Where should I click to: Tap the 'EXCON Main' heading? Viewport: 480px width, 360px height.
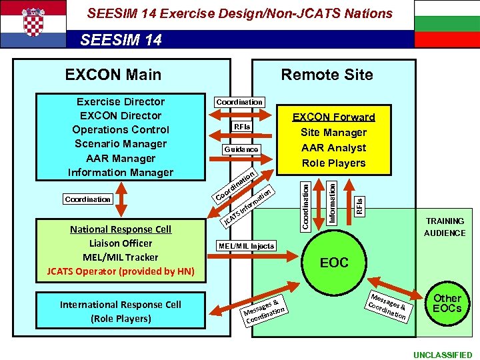[x=113, y=74]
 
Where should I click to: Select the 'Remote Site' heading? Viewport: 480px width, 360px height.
[x=327, y=74]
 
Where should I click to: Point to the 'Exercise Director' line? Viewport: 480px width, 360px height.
[x=121, y=101]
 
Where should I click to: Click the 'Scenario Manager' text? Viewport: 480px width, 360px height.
[x=121, y=143]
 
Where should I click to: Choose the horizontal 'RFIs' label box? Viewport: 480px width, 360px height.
[x=241, y=127]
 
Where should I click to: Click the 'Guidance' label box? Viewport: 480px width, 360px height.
[x=241, y=149]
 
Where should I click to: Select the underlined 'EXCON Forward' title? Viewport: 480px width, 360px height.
[x=334, y=117]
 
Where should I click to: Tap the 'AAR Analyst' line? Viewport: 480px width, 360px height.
[x=334, y=147]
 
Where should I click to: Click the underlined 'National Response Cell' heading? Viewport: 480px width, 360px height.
[x=121, y=229]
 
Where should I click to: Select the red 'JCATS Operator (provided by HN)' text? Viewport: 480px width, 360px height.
[x=121, y=271]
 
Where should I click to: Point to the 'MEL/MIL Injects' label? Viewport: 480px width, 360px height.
[x=246, y=246]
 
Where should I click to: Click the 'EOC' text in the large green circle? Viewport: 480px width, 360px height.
[x=334, y=263]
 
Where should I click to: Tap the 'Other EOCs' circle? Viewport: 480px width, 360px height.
[x=447, y=303]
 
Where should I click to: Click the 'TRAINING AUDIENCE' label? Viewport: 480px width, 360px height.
[x=445, y=227]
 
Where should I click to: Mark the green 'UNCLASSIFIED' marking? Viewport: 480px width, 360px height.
[x=442, y=355]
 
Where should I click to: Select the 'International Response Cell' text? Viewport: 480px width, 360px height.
[x=121, y=305]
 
